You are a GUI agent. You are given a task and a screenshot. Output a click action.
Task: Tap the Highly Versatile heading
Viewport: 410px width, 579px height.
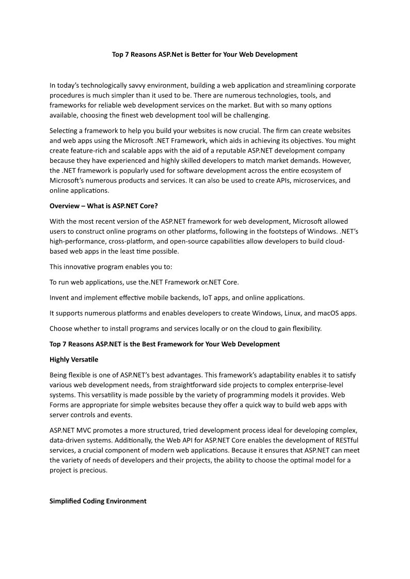tap(74, 359)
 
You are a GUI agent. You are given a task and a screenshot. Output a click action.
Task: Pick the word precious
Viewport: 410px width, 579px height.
tap(93, 470)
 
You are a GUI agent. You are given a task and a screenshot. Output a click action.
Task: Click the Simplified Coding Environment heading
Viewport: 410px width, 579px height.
tap(98, 501)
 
